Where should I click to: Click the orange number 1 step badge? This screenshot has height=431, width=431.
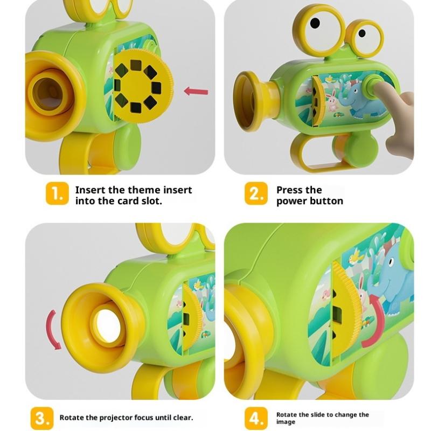coord(57,193)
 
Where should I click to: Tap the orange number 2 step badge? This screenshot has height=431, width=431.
coord(256,193)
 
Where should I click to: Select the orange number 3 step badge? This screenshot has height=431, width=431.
coord(42,419)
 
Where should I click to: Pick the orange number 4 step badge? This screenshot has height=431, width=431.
coord(256,419)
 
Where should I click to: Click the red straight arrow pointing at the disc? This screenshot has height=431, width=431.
coord(196,91)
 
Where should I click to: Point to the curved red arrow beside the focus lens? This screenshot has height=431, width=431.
coord(51,330)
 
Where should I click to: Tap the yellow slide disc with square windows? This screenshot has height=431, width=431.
coord(142,87)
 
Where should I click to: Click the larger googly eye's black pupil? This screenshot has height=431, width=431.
coord(315,23)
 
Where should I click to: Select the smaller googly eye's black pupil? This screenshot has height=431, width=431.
coord(362,33)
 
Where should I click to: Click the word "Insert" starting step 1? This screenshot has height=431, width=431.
coord(90,190)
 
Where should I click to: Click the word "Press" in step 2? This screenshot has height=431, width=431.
coord(289,190)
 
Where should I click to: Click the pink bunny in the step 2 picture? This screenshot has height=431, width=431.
coord(332,102)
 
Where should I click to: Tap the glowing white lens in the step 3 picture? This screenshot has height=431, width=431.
coord(107,324)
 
